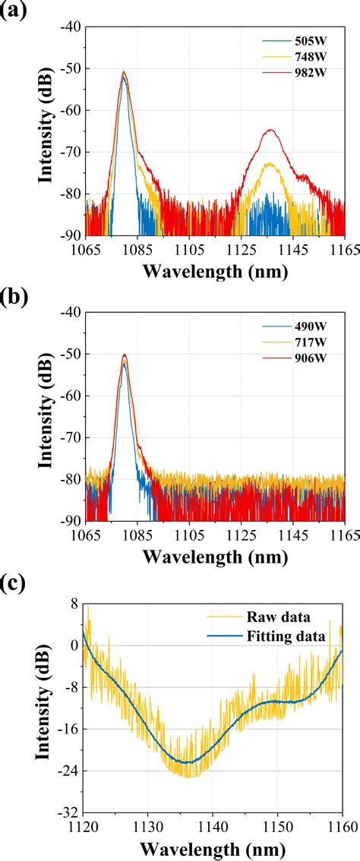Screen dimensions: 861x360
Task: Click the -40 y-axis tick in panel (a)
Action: (69, 27)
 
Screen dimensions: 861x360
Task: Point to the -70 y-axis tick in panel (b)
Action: (69, 437)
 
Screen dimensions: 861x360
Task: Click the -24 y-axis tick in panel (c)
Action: (69, 771)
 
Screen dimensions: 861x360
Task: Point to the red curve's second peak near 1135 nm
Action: (270, 131)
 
